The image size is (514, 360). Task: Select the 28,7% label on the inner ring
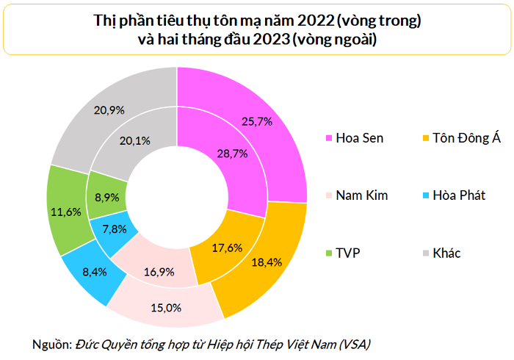[x=231, y=154]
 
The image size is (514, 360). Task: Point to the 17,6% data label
[x=227, y=247]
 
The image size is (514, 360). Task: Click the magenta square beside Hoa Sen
[x=330, y=138]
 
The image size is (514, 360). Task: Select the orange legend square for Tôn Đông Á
[x=426, y=138]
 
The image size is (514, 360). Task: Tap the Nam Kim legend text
[x=361, y=196]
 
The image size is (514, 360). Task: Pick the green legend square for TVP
[x=330, y=253]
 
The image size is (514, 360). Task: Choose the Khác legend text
[x=447, y=253]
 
